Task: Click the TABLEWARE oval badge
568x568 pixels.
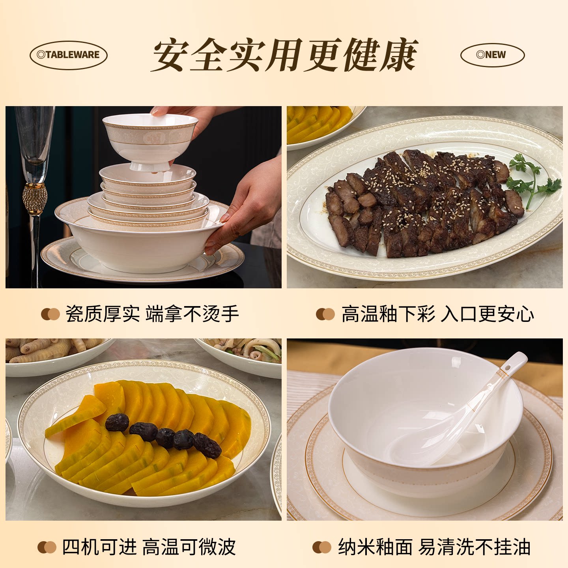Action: click(x=69, y=55)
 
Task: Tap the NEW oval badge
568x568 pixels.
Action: click(x=492, y=55)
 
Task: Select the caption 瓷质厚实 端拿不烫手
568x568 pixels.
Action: click(x=152, y=314)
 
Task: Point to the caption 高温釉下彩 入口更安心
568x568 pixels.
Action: click(x=437, y=314)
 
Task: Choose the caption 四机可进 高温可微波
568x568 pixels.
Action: click(x=149, y=547)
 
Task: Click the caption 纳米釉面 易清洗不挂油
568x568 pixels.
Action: click(x=434, y=547)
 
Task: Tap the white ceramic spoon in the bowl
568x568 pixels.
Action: click(x=454, y=422)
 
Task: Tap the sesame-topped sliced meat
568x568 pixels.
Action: click(x=422, y=201)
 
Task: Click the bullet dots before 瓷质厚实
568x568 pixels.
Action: click(x=50, y=314)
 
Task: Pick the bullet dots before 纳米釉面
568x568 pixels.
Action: click(x=321, y=547)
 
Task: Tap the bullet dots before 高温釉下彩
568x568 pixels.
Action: click(x=325, y=314)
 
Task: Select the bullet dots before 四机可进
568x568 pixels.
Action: click(x=47, y=547)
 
